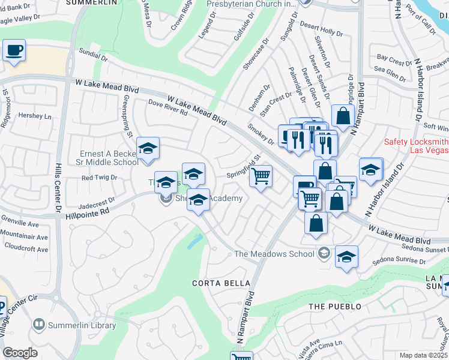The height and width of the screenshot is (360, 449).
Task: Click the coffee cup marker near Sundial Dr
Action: (14, 50)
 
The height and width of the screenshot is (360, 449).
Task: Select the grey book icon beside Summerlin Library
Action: (39, 325)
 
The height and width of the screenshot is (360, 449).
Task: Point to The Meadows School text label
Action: (274, 254)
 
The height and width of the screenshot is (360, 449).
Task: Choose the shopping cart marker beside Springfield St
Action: (261, 177)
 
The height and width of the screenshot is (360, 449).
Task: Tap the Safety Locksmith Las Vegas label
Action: (416, 145)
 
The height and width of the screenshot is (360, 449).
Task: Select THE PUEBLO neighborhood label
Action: (335, 307)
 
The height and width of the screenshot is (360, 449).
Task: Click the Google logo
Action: (20, 353)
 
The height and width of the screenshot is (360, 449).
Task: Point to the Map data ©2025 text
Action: (423, 355)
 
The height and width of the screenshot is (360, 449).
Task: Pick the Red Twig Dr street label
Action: (98, 178)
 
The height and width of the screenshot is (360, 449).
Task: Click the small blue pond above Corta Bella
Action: (195, 241)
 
